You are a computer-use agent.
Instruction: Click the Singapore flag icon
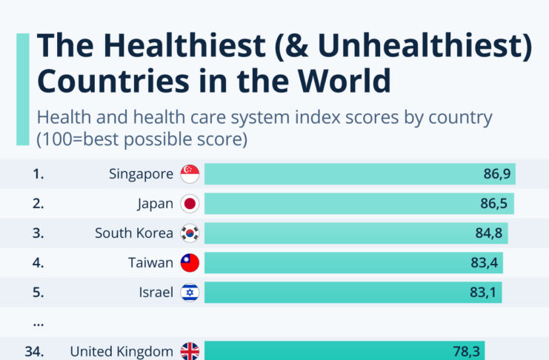coord(190,174)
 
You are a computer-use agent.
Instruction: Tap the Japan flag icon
coord(190,204)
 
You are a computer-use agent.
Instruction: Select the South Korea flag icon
coord(190,233)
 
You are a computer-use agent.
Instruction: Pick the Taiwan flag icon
coord(190,263)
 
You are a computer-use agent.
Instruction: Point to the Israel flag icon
coord(190,293)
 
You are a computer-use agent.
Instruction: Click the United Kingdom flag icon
coord(190,351)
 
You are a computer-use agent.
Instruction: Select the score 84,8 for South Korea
coord(489,233)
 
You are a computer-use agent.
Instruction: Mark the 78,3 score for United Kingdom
coord(468,351)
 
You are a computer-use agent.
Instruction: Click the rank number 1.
coord(38,174)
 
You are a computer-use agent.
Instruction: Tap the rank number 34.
coord(34,351)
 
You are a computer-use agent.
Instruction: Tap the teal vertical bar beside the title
coord(23,89)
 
